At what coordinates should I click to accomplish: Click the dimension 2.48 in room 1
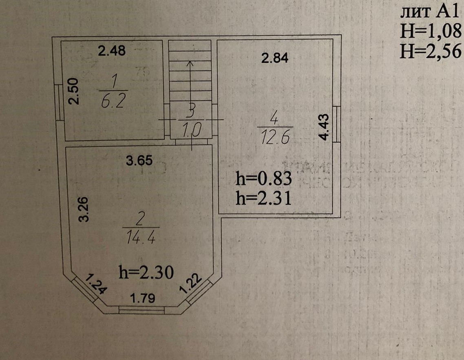click(x=111, y=51)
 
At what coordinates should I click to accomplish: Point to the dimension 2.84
click(x=275, y=58)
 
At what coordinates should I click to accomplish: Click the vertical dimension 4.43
click(x=324, y=127)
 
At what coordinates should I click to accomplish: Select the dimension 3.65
click(x=139, y=161)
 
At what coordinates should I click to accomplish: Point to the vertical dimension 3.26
click(x=84, y=209)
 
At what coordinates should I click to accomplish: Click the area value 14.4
click(x=140, y=237)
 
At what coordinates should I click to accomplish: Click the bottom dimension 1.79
click(x=142, y=299)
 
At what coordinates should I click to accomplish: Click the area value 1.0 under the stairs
click(x=190, y=130)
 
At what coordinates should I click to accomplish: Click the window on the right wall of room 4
click(x=336, y=124)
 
